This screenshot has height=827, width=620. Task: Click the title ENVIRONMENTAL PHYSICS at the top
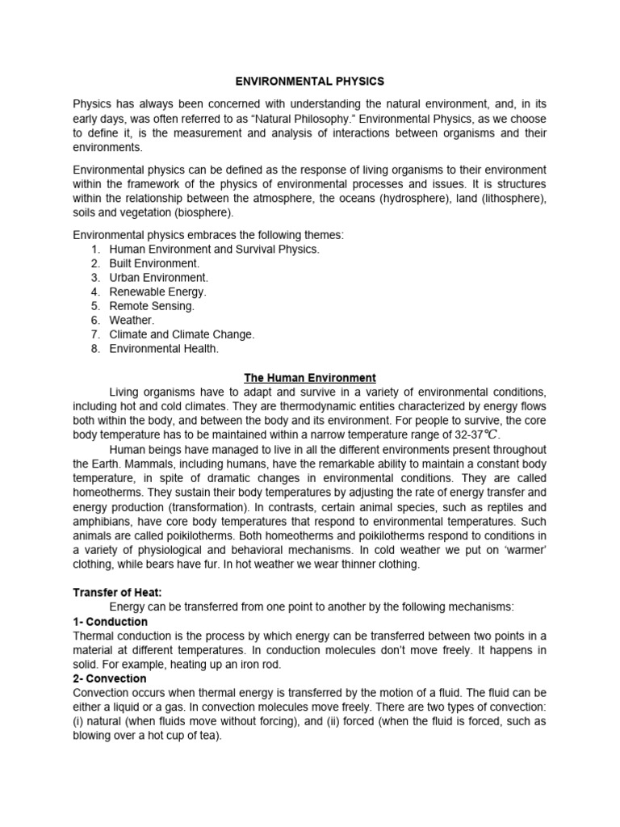pyautogui.click(x=310, y=82)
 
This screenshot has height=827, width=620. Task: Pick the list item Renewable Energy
pyautogui.click(x=157, y=292)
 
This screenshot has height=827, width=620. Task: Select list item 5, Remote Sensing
pyautogui.click(x=152, y=306)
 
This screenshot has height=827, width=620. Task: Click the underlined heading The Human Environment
pyautogui.click(x=310, y=377)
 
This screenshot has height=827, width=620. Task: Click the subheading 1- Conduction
pyautogui.click(x=111, y=622)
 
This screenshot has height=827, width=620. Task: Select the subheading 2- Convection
pyautogui.click(x=110, y=679)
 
